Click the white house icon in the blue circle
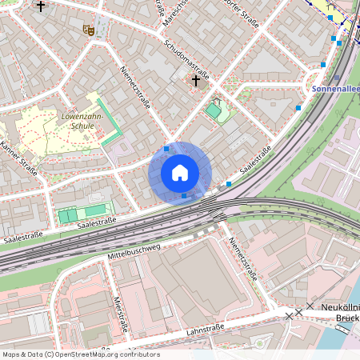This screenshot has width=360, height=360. coord(180,173)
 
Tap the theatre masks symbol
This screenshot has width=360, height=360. coord(88,30)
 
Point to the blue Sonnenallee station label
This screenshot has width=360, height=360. coord(335,90)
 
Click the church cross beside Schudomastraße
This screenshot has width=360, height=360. coord(196,79)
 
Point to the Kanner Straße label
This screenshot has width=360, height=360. coord(19,158)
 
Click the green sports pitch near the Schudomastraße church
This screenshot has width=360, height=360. coord(214,110)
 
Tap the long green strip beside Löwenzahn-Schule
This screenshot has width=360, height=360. coord(108,120)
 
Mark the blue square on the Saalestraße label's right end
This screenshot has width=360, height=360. coord(229,184)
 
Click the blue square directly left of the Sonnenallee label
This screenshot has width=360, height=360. coord(298,106)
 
